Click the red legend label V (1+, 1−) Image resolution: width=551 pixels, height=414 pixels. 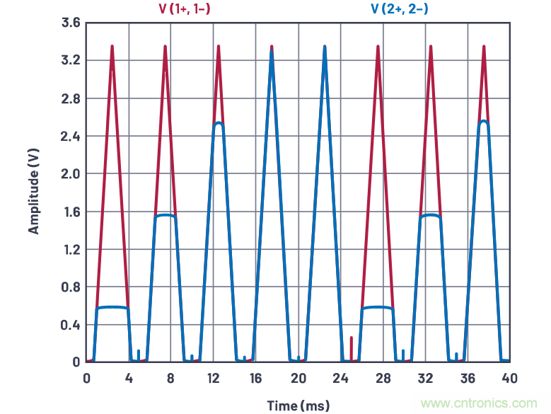[185, 9]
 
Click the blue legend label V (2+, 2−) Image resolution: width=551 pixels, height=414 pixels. [399, 9]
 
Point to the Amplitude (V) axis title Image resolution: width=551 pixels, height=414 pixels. [33, 192]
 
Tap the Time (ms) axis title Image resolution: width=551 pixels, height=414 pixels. [298, 405]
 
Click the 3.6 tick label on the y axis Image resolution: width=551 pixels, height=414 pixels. [70, 23]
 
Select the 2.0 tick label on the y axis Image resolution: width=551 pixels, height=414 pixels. [70, 174]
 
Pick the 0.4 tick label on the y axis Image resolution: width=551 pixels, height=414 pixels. [70, 326]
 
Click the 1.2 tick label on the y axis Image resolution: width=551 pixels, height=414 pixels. [70, 250]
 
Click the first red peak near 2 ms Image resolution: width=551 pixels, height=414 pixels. [112, 47]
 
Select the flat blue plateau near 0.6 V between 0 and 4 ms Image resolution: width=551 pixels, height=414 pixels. [112, 307]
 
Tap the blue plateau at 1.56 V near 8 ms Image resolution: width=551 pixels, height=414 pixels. [166, 215]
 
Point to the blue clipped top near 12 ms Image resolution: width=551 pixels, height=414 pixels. [219, 123]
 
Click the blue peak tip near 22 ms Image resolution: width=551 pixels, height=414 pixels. [325, 47]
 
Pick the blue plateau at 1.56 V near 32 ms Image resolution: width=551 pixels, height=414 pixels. [431, 215]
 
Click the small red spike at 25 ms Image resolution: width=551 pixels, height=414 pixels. [352, 347]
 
